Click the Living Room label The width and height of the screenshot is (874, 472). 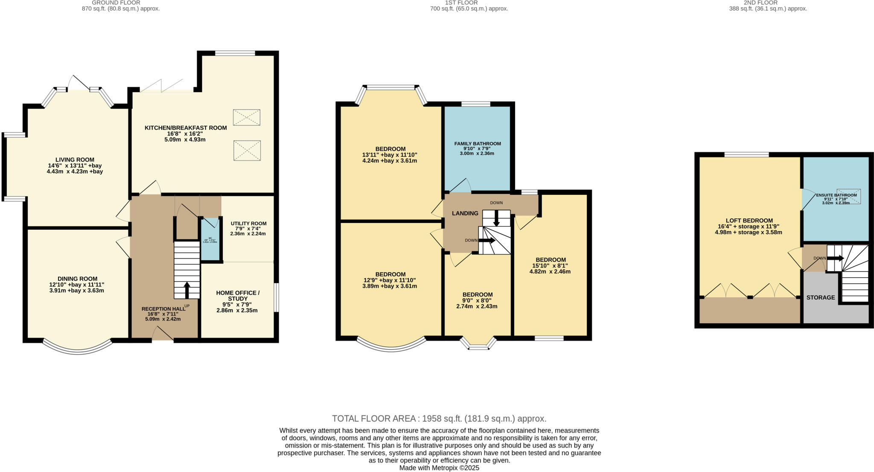[75, 160]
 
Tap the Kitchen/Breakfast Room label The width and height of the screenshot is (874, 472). [186, 128]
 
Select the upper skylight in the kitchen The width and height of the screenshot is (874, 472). [247, 117]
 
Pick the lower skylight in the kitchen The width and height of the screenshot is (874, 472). [247, 150]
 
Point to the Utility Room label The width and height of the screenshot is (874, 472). [248, 223]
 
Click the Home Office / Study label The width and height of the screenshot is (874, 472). [237, 296]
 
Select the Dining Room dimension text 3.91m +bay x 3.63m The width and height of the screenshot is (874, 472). [76, 290]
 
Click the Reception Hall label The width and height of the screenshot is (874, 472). [163, 309]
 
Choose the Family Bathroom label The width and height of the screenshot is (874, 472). [478, 144]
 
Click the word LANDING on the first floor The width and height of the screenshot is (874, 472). [465, 213]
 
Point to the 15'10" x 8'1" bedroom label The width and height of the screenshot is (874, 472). [551, 260]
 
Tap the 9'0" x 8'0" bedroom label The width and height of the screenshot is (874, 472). [478, 294]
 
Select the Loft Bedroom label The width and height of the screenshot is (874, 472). [749, 220]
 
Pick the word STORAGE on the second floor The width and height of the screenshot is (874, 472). [820, 297]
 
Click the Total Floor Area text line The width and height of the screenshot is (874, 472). [439, 419]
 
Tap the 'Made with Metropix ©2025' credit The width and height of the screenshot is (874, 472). [439, 468]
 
